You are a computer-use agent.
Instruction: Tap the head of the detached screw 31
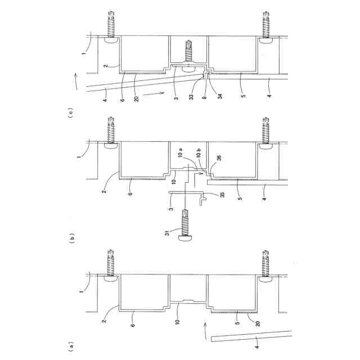pyautogui.click(x=184, y=238)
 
